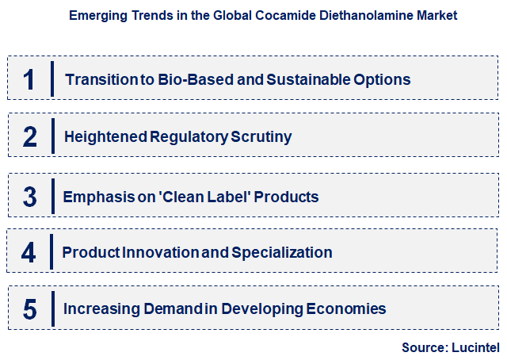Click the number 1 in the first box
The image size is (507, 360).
[x=29, y=79]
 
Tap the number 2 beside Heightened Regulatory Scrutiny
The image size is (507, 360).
[x=30, y=137]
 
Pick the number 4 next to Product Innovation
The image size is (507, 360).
[x=29, y=253]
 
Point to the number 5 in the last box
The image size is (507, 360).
[x=30, y=309]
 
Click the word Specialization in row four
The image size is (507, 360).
[x=282, y=253]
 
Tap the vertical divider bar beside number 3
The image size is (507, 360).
[x=51, y=196]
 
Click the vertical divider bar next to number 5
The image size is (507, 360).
[x=51, y=308]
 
